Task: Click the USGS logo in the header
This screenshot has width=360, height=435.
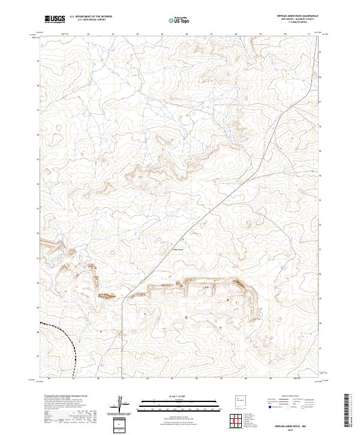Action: click(x=55, y=19)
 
